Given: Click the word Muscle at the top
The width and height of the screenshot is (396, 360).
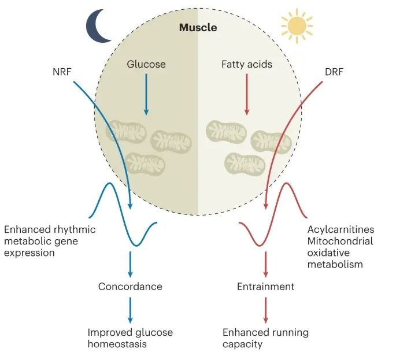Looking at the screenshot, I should coord(198,28).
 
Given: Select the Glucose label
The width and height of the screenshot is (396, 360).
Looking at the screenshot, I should coord(146,64).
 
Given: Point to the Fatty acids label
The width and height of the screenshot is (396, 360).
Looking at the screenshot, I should coord(247,64).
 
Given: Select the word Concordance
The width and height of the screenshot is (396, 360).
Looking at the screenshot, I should coord(130,287).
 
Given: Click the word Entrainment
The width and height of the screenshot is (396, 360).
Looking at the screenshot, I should coord(266,287).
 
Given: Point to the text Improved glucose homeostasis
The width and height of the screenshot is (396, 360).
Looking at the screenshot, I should coord(130,338).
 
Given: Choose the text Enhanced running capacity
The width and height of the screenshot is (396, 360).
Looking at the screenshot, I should coord(265,338).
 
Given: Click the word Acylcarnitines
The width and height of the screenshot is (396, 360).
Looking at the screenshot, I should coord(341,230).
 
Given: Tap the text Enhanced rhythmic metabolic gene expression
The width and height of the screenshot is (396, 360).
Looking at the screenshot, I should coord(50,241).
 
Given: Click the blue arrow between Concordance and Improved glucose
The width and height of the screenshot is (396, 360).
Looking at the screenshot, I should coord(130,310).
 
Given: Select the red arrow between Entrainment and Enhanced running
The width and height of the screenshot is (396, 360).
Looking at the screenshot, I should coord(266,310).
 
